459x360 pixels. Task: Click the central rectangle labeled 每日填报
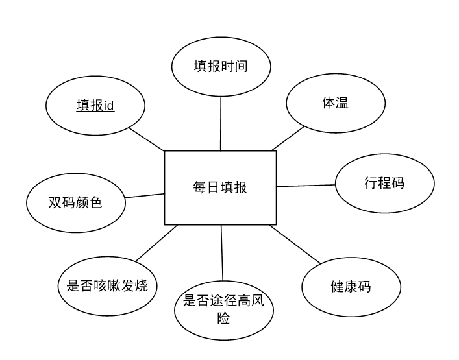point(220,187)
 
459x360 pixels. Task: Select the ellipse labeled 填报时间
point(221,67)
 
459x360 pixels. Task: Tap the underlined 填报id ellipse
point(95,105)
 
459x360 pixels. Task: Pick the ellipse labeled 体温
point(336,103)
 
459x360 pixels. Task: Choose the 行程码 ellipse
point(384,183)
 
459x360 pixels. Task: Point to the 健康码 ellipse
point(351,286)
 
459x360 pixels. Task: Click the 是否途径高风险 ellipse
point(224,309)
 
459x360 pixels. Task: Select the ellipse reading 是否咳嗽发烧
point(107,285)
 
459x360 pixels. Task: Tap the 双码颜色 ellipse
point(75,202)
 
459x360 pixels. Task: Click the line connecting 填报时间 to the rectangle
point(221,123)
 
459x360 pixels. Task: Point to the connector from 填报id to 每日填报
point(147,139)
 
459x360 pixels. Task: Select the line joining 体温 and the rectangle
point(288,138)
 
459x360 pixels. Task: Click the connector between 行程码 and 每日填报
point(306,186)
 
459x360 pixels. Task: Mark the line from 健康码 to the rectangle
point(295,244)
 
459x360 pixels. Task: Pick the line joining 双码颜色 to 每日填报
point(145,195)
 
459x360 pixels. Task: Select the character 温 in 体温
point(342,103)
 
